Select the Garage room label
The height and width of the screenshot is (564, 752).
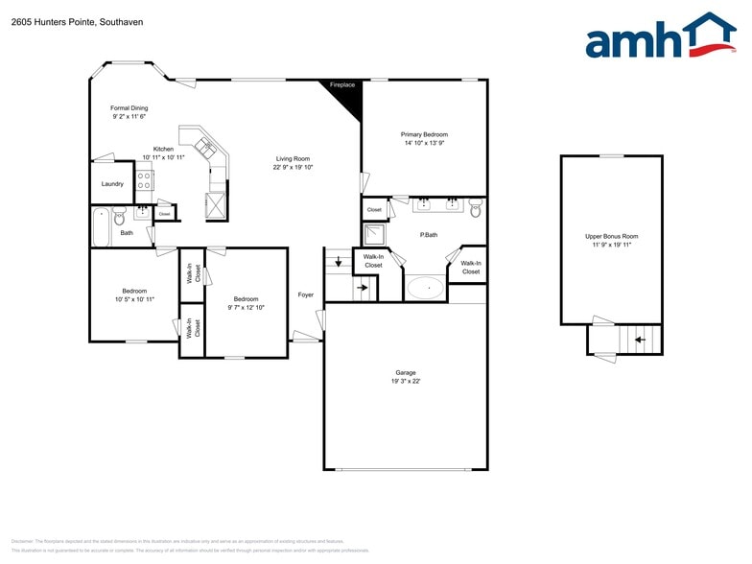click(x=406, y=372)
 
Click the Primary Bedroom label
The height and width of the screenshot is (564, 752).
click(x=424, y=134)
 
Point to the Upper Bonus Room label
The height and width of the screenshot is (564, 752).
click(x=611, y=236)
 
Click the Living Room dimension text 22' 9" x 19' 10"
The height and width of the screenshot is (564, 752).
click(x=293, y=167)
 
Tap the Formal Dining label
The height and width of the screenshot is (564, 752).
click(x=129, y=108)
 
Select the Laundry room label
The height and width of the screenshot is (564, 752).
click(x=111, y=183)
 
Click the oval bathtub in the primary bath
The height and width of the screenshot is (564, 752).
click(x=425, y=287)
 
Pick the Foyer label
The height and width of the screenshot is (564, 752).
click(x=305, y=294)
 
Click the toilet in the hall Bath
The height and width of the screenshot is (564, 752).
click(x=120, y=218)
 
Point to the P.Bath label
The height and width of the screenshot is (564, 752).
click(x=429, y=235)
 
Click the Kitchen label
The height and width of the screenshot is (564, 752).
click(x=163, y=149)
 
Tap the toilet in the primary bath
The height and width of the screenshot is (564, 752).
click(x=475, y=208)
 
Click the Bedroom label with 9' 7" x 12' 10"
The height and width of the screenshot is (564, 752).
click(x=246, y=299)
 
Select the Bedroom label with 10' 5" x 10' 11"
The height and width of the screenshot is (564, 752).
click(x=134, y=291)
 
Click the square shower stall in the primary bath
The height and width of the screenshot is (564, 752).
click(x=374, y=235)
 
